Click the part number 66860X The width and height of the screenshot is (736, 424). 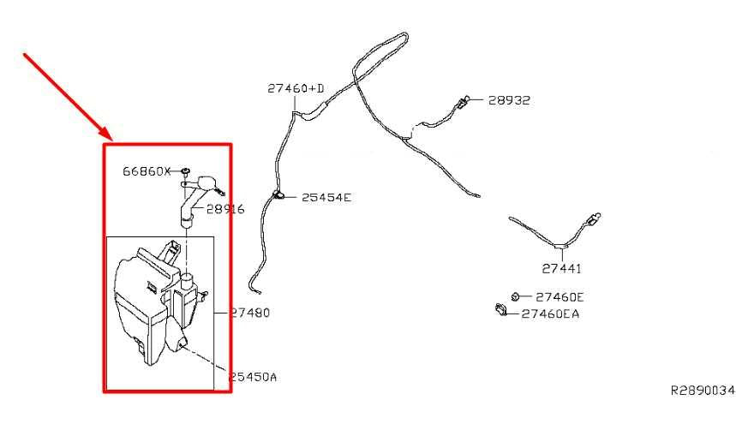[x=147, y=171]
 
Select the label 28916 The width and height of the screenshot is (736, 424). [x=225, y=209]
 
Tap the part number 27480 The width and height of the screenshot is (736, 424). [x=250, y=313]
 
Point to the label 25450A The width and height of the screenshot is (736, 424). [x=253, y=377]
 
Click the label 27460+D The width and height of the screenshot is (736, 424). [x=296, y=88]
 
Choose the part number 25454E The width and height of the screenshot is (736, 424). [x=326, y=198]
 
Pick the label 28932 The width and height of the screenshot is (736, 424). [x=509, y=100]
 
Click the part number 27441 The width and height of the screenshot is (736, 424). [x=561, y=269]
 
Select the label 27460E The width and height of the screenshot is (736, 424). [x=559, y=297]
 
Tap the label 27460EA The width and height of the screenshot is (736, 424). [x=550, y=314]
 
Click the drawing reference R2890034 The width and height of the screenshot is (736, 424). [x=703, y=391]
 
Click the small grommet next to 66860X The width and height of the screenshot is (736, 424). [x=185, y=170]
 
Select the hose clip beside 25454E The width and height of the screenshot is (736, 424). [x=278, y=194]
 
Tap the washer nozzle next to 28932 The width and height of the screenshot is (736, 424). [x=462, y=102]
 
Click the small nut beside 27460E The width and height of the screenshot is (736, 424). [x=515, y=296]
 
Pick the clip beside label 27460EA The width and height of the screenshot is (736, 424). [x=501, y=310]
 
